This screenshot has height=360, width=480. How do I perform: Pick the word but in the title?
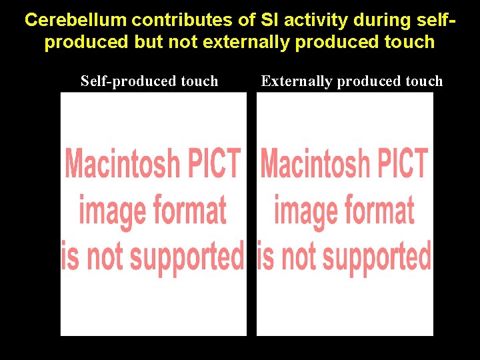pos(149,42)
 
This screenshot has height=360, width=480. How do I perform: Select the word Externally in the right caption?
pos(297,81)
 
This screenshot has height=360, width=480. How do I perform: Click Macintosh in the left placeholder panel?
pos(122,163)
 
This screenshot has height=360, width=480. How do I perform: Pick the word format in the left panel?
pos(191,211)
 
